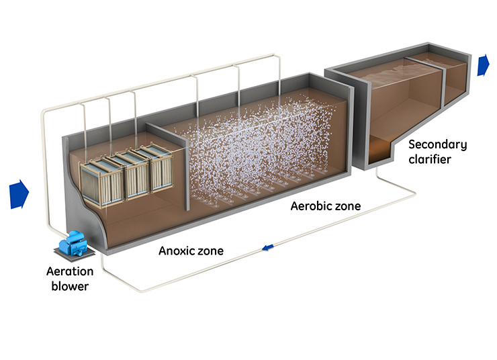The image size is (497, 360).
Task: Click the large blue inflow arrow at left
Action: point(19,193)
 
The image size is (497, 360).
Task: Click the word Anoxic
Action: point(176,251)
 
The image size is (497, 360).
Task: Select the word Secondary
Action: point(437,144)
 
